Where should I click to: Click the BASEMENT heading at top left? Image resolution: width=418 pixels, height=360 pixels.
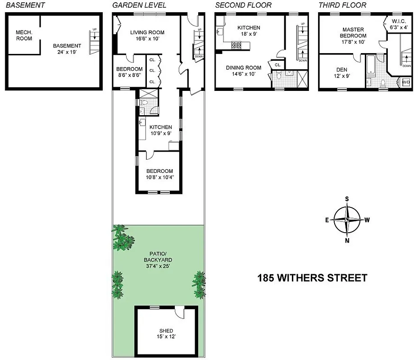(25, 5)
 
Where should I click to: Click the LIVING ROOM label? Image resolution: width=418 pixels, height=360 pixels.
(147, 32)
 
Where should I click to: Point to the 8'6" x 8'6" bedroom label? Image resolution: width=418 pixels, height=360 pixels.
(129, 72)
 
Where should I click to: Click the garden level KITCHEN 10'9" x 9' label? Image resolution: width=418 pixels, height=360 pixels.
(161, 130)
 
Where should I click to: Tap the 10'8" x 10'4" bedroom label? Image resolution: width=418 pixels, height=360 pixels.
(159, 174)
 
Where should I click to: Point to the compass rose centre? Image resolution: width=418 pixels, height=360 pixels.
(347, 220)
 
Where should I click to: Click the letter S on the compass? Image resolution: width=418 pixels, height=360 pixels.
(347, 199)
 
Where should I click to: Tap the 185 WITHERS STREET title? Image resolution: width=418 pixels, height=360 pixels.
(312, 278)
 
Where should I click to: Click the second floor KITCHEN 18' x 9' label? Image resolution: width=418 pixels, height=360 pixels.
(249, 31)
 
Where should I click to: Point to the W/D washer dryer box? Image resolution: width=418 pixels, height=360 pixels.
(406, 82)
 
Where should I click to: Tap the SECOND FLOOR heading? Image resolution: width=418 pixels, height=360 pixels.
(243, 5)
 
